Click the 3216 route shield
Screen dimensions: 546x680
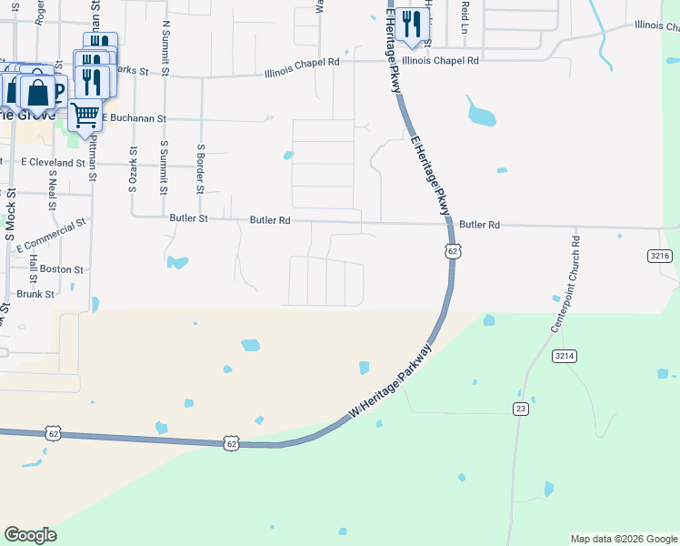point(660,257)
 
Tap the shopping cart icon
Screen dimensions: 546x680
point(85,115)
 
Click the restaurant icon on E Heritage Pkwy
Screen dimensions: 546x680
point(412,25)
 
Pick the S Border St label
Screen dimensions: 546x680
point(200,168)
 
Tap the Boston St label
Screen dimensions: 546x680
point(62,269)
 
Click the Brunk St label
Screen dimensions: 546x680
point(36,294)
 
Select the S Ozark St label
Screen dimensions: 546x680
point(133,170)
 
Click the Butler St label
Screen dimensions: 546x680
point(189,218)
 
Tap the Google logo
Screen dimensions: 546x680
point(30,535)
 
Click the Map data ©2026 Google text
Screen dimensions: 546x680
point(624,539)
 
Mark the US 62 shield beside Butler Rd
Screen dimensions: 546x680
point(452,250)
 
